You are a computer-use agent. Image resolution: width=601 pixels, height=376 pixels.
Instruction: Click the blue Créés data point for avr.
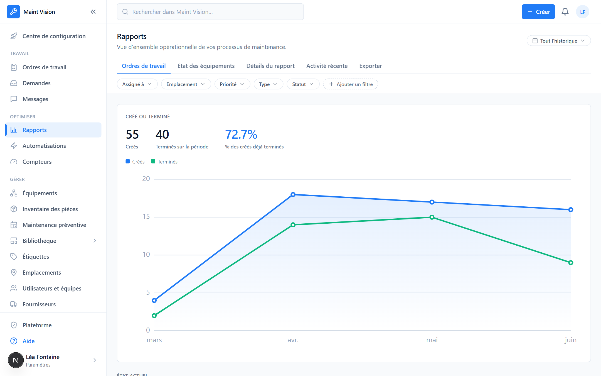293,194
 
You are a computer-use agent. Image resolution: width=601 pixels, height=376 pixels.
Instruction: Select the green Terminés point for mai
432,217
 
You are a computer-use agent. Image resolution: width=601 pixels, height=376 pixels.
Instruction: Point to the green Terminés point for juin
571,263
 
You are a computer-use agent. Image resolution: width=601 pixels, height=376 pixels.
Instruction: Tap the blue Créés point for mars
154,301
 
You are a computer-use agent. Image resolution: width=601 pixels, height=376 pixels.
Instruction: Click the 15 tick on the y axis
146,217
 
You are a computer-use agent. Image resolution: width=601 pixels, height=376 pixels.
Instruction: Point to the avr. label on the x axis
293,340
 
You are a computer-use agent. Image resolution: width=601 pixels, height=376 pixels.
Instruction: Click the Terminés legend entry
164,162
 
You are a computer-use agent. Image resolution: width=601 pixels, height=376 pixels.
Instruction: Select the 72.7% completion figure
241,135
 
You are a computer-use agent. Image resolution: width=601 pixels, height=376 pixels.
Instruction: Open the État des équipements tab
206,66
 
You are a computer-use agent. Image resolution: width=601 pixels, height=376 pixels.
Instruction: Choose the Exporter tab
370,66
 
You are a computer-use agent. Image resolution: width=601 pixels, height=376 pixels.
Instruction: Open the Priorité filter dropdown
232,84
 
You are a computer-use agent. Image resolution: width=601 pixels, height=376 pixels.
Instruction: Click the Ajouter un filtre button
350,84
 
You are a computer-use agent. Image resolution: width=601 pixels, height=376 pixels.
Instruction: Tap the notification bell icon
565,12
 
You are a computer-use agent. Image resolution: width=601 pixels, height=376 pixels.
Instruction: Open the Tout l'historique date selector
559,41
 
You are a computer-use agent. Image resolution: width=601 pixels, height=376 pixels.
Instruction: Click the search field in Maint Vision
210,12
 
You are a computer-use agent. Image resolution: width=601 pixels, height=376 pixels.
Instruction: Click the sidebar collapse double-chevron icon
93,12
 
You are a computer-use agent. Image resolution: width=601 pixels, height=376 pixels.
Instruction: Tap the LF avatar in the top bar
583,12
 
